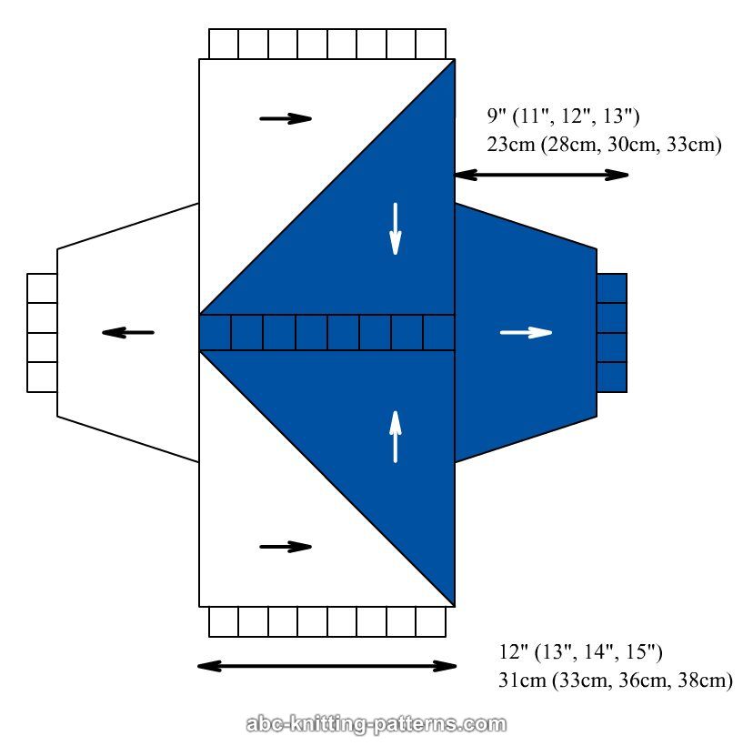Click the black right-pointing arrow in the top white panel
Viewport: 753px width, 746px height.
(x=286, y=118)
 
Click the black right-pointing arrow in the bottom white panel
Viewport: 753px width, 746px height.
(x=286, y=547)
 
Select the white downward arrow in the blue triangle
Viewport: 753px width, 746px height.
(x=396, y=228)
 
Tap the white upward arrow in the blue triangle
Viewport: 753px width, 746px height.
(x=396, y=437)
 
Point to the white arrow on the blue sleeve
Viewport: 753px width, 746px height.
(x=526, y=333)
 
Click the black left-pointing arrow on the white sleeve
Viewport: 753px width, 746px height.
(x=128, y=333)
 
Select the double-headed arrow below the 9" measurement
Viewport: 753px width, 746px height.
(x=541, y=174)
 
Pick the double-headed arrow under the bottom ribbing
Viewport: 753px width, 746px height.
(x=326, y=666)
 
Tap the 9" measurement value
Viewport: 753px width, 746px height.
(x=496, y=116)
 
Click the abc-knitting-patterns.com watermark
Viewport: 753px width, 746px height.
(x=376, y=725)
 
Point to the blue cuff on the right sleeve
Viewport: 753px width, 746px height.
(x=612, y=333)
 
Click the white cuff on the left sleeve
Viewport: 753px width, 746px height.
(x=42, y=333)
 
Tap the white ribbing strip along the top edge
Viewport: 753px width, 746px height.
(x=327, y=44)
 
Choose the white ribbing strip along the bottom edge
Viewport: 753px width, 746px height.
(x=327, y=622)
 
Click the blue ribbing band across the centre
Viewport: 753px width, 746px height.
(x=326, y=332)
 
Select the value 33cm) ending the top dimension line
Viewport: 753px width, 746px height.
(x=691, y=144)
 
